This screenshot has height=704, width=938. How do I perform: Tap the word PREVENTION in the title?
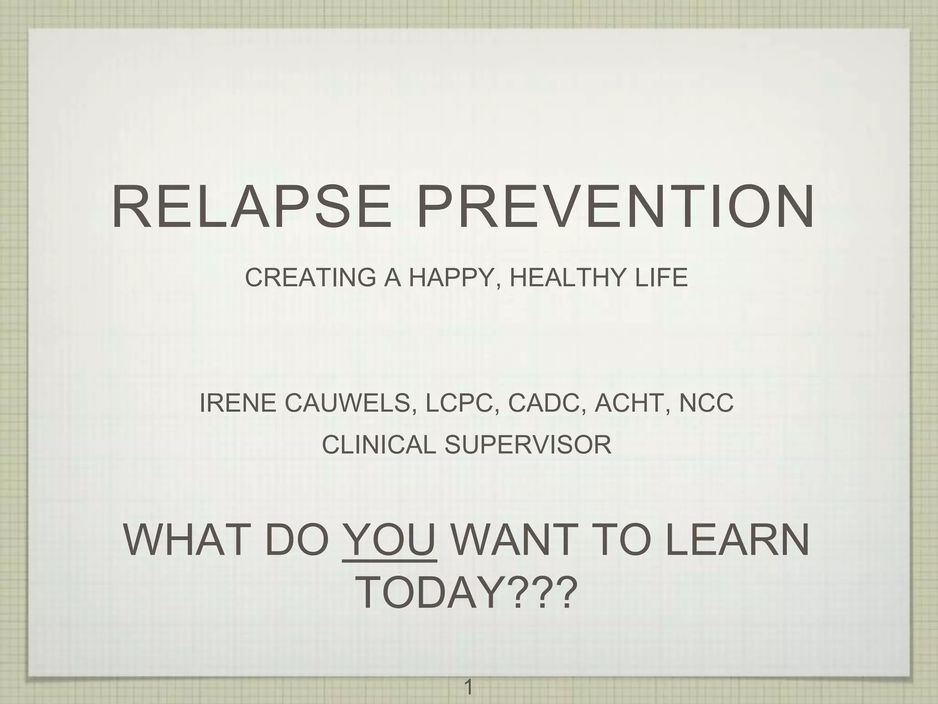point(616,206)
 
